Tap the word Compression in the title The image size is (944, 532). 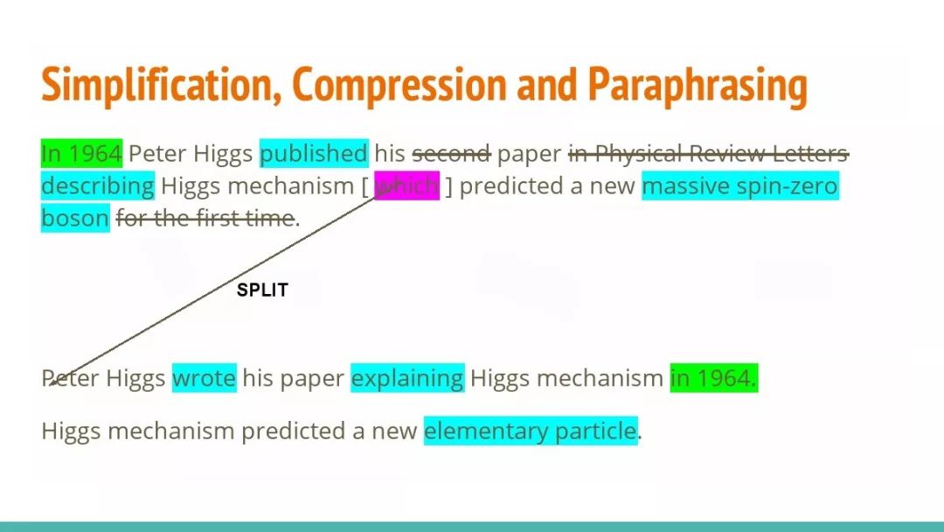click(399, 84)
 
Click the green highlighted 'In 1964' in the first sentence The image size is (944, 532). click(82, 154)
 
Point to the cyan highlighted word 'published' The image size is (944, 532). click(314, 154)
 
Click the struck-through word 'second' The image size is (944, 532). click(452, 154)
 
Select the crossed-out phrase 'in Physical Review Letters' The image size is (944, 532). click(709, 154)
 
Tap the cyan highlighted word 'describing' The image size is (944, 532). click(98, 186)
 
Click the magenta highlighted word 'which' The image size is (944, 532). click(407, 186)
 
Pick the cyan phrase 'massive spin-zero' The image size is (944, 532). click(740, 186)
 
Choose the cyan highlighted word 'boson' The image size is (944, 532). click(75, 218)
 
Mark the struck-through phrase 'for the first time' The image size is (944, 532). click(205, 218)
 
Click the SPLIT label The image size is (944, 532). click(262, 290)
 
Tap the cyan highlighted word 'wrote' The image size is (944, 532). click(204, 378)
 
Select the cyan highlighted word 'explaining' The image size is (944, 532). click(407, 378)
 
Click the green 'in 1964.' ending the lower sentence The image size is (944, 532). click(714, 378)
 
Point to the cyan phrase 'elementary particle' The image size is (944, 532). click(531, 430)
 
